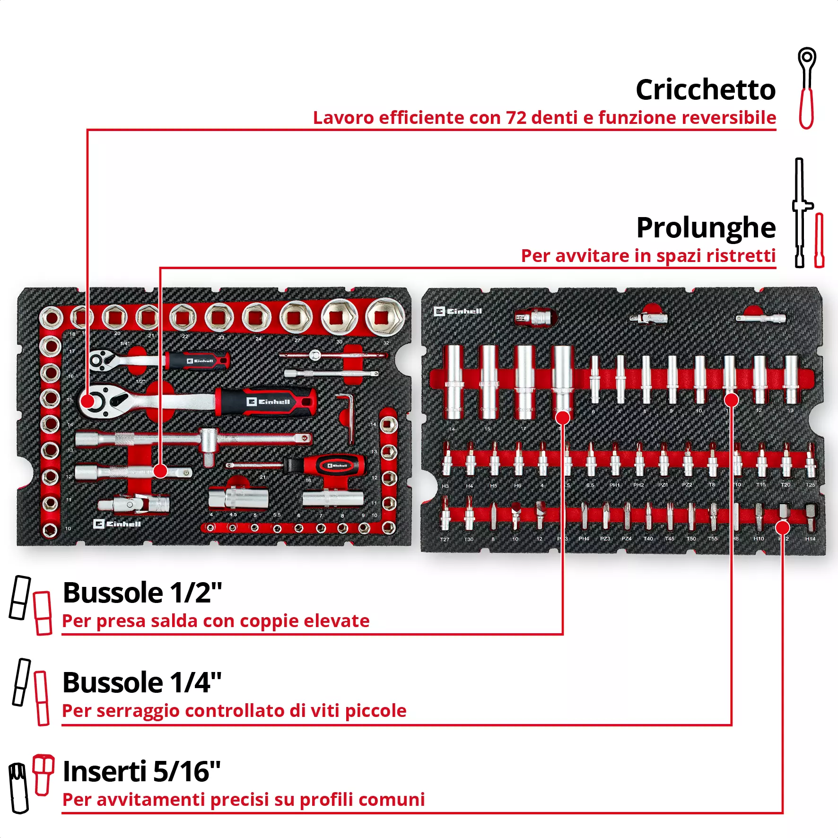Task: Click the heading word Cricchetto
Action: tap(705, 89)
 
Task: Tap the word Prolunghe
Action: tap(706, 227)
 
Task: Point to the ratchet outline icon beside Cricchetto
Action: tap(807, 88)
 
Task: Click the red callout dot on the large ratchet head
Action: tap(88, 402)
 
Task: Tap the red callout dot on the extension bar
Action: tap(160, 471)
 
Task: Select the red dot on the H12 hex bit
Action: tap(783, 527)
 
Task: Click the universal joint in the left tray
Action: tap(135, 504)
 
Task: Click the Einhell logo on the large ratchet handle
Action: tap(268, 402)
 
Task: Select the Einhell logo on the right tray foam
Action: tap(458, 311)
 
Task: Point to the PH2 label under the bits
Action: tap(638, 485)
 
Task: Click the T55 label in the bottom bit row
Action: tap(712, 539)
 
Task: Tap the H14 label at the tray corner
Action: tap(810, 539)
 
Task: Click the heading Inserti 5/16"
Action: tap(141, 771)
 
